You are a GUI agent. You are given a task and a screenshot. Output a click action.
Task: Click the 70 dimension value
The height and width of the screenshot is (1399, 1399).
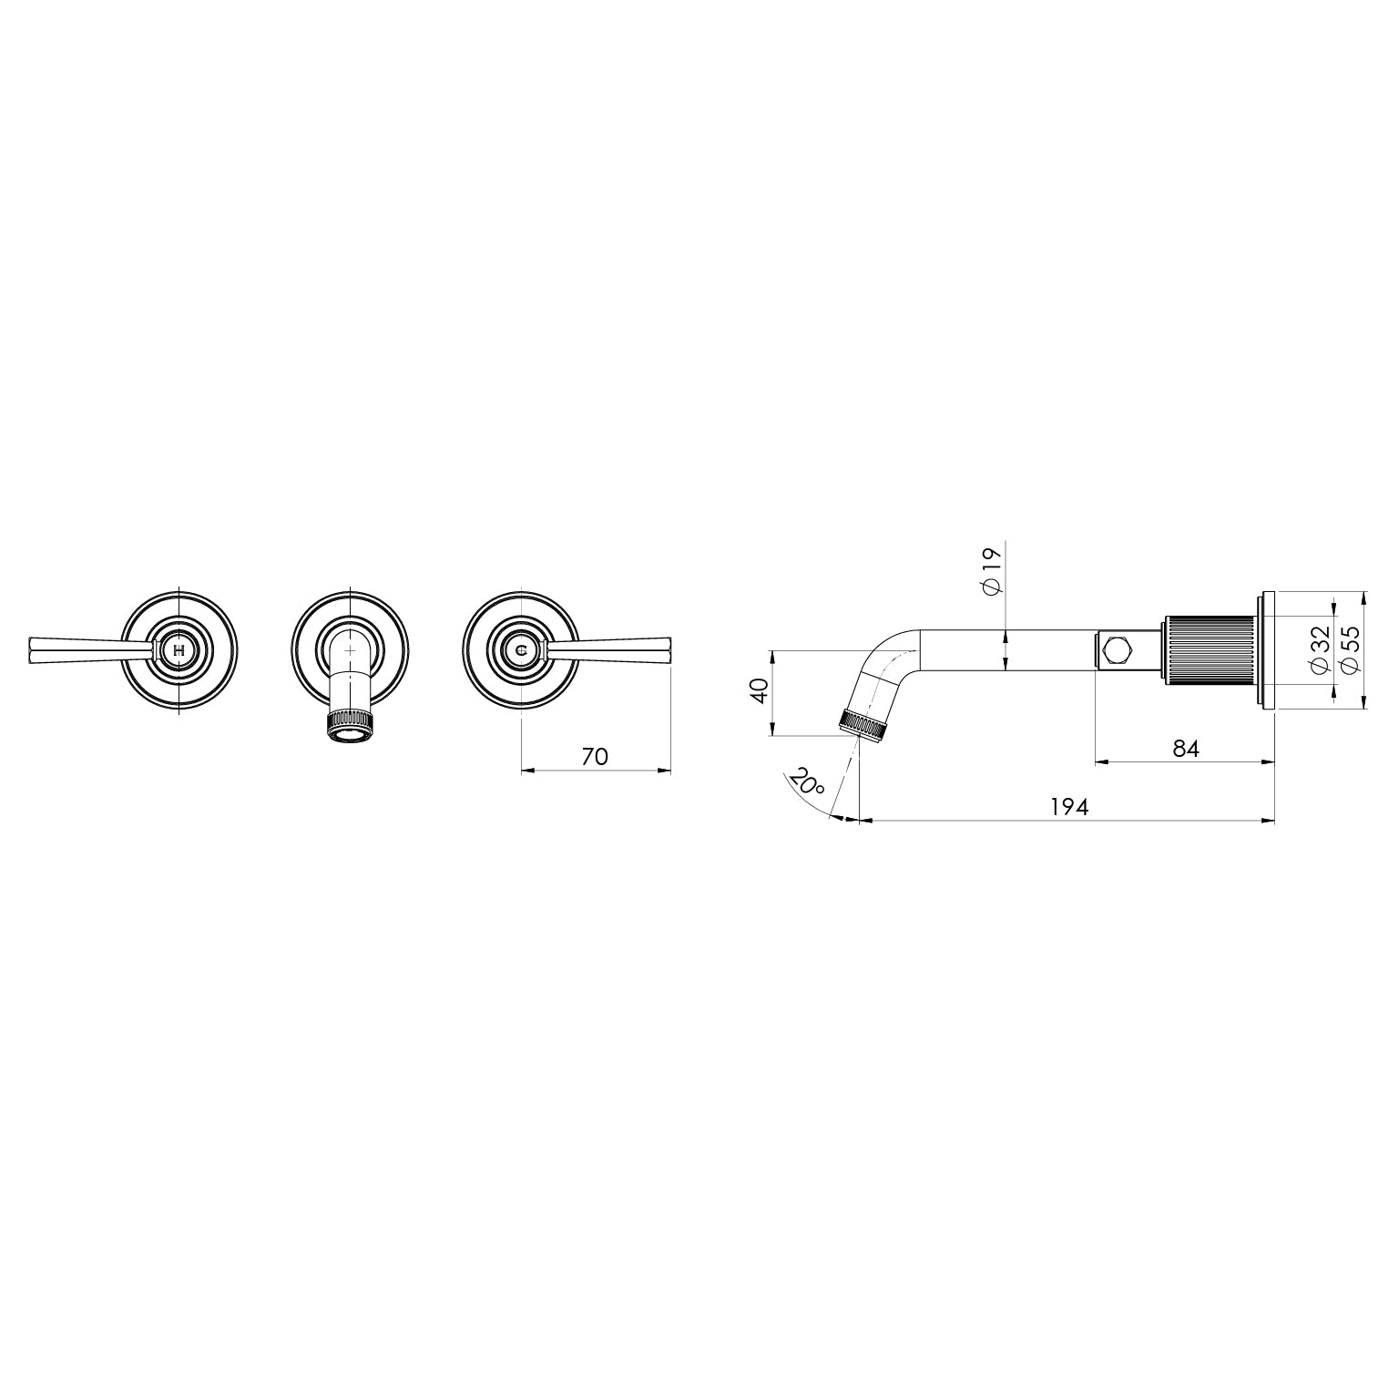tap(594, 756)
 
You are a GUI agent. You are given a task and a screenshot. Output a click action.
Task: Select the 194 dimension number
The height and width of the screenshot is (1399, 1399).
tap(1069, 807)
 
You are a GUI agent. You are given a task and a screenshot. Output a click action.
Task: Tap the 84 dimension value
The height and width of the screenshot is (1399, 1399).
tap(1185, 748)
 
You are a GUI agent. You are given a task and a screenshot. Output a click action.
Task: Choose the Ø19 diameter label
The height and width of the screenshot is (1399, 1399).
tap(993, 571)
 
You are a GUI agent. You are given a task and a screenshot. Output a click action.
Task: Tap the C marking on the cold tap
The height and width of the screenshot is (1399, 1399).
tap(521, 650)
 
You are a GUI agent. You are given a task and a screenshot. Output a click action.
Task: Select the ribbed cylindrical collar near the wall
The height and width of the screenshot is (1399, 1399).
tap(1209, 649)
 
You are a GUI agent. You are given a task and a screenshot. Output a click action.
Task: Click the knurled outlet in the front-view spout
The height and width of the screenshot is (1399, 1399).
tap(350, 720)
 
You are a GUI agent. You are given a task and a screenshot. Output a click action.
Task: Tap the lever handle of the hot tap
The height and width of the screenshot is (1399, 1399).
tap(82, 650)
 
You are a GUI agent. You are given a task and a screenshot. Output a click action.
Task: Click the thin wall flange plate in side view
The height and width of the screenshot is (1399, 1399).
tap(1266, 649)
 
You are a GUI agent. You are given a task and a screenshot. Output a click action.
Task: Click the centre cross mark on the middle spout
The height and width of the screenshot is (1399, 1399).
tap(351, 650)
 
